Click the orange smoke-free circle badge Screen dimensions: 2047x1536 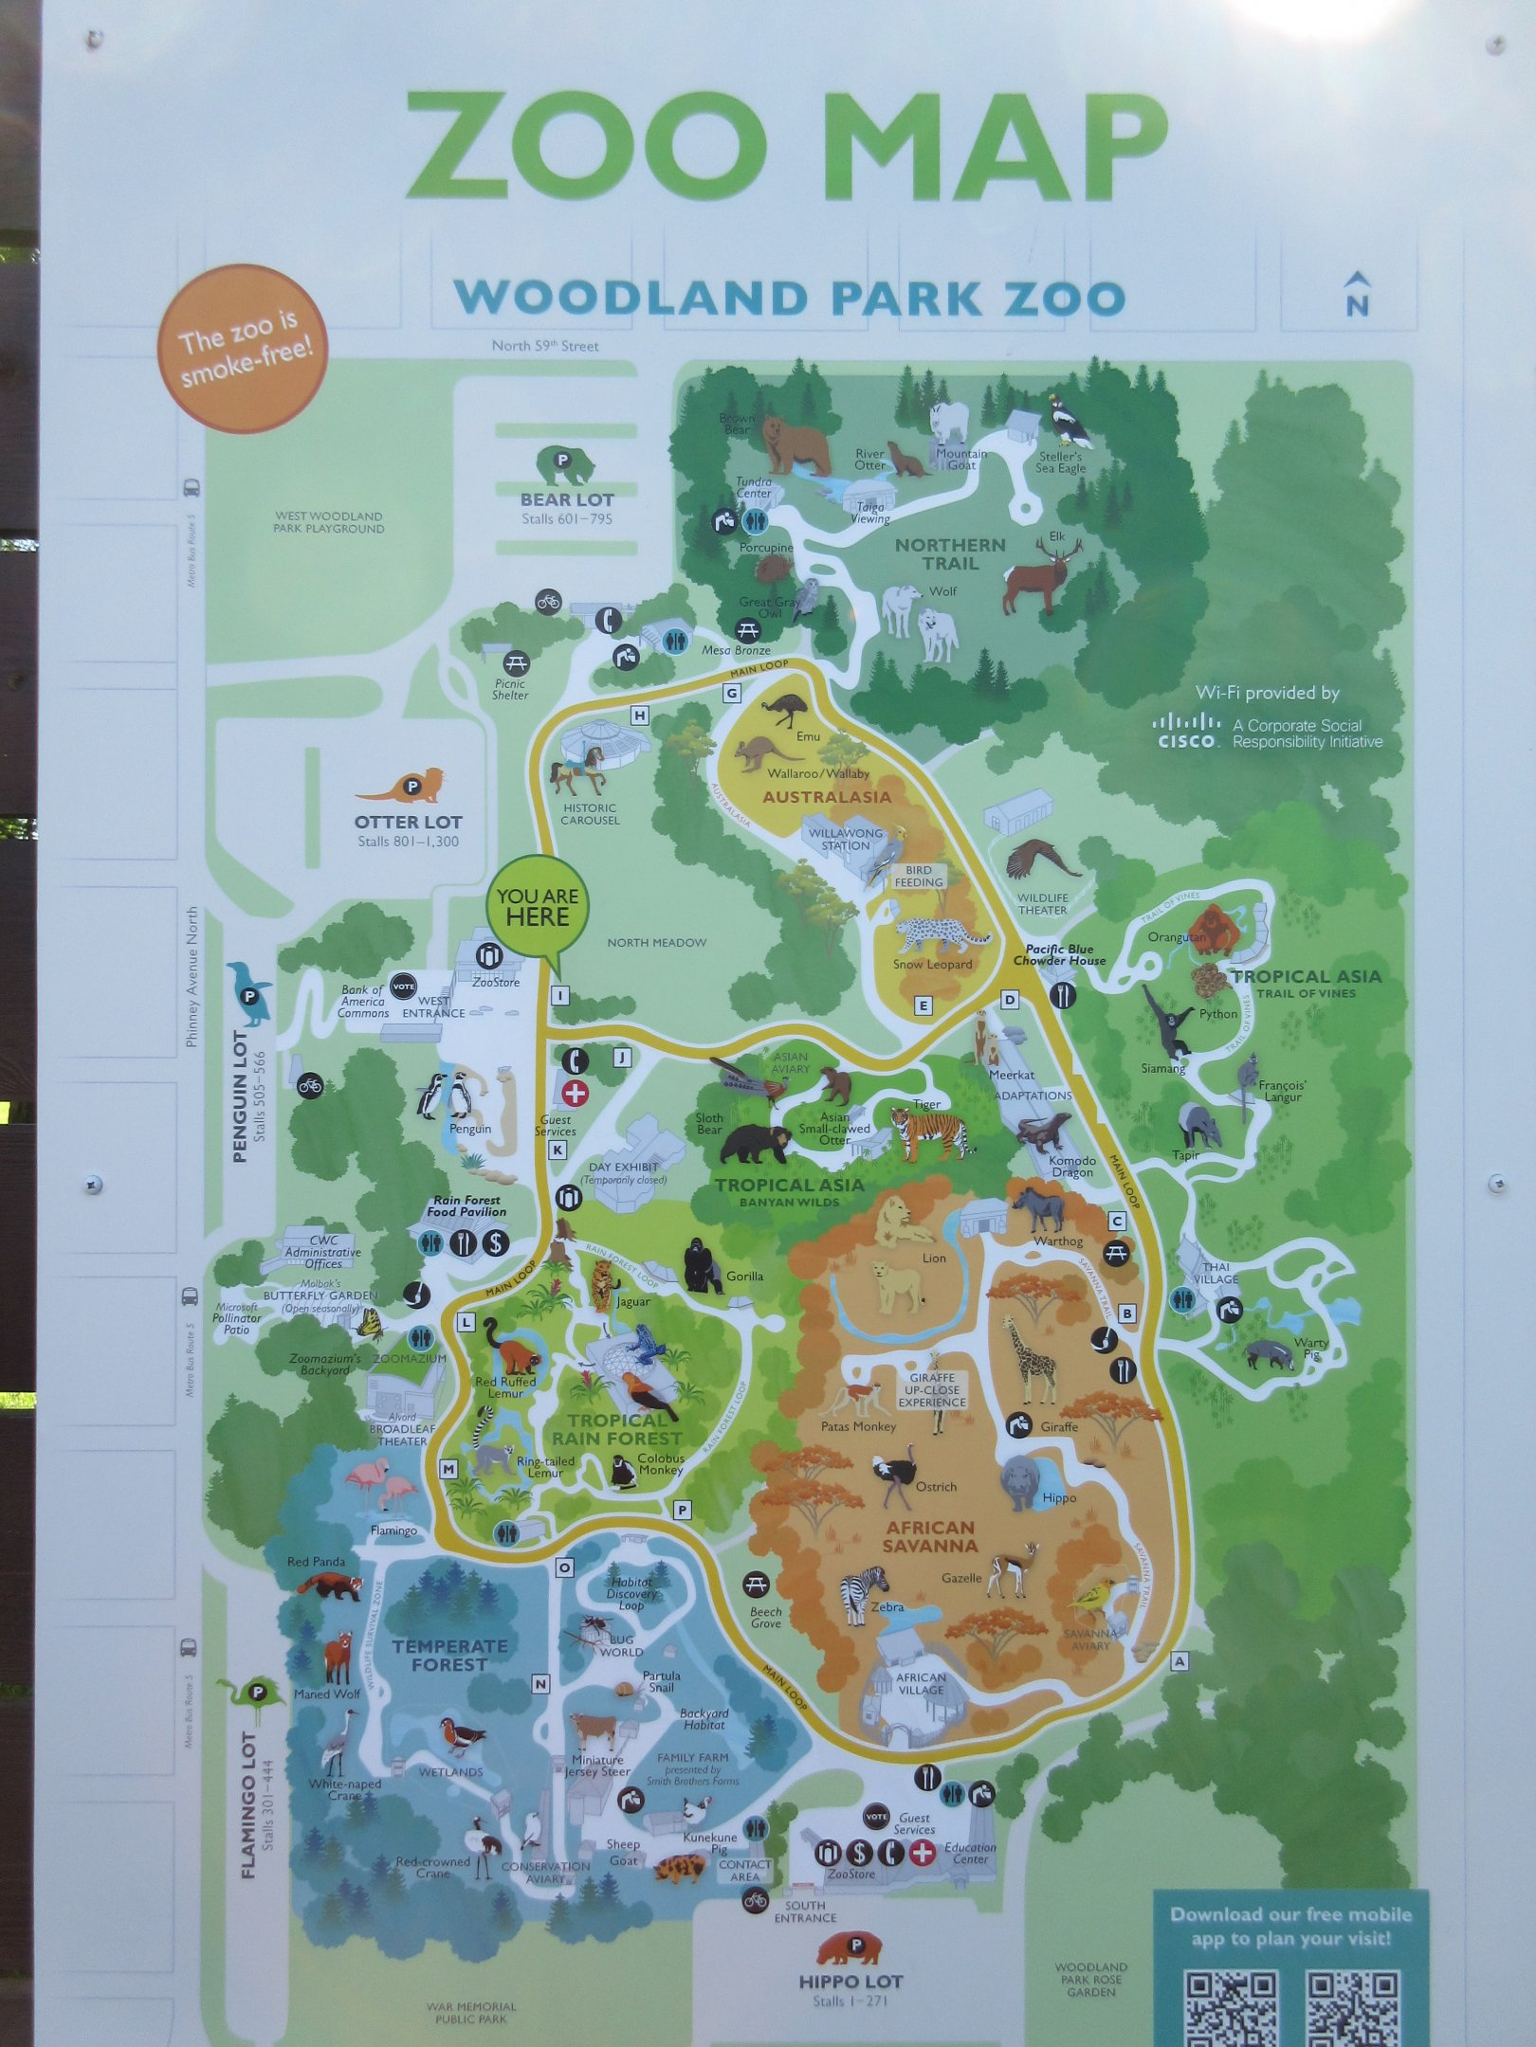(x=244, y=347)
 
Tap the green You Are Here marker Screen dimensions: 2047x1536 (x=538, y=907)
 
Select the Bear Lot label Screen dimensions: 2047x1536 (x=567, y=499)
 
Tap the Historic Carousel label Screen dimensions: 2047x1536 (x=590, y=813)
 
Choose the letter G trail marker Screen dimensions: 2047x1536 (x=732, y=693)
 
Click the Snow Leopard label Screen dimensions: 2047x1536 (x=932, y=965)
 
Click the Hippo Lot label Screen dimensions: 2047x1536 (x=850, y=1981)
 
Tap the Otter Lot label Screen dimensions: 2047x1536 (x=409, y=822)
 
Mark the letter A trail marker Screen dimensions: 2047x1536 (x=1179, y=1661)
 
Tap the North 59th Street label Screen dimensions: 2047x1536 (x=545, y=346)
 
